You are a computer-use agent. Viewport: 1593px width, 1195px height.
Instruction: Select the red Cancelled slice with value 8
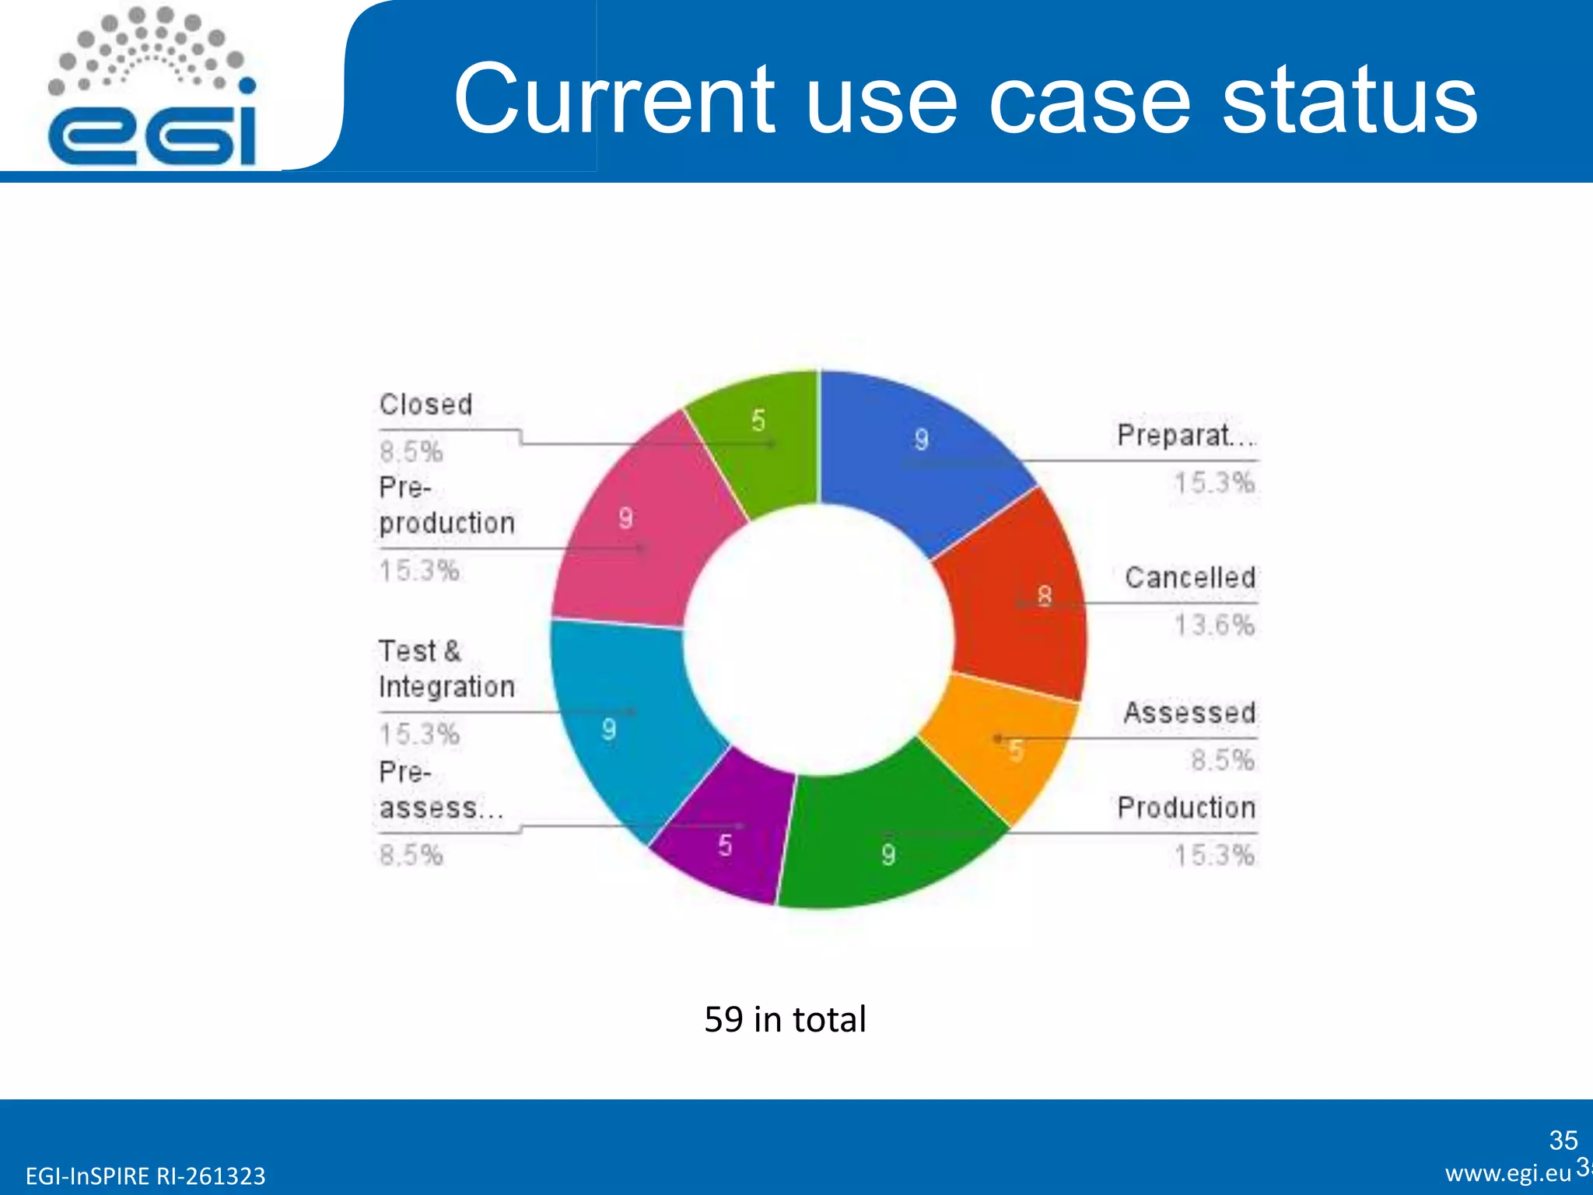click(x=1019, y=599)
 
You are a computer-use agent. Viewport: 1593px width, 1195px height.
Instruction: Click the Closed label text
click(x=425, y=405)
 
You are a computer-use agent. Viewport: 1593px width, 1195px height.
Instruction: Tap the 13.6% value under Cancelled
click(x=1214, y=625)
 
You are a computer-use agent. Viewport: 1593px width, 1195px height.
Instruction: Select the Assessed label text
click(x=1189, y=713)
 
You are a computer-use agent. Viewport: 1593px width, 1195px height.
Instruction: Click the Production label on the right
click(x=1186, y=808)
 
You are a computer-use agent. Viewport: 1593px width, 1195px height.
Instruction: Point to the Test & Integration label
click(x=446, y=669)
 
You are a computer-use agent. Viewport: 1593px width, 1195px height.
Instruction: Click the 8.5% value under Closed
click(x=411, y=452)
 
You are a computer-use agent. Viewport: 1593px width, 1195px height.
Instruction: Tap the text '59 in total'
click(x=784, y=1019)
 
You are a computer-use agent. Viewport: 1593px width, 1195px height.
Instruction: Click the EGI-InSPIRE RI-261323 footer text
click(x=145, y=1176)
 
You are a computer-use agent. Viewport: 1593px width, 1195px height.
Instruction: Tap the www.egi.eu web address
click(x=1507, y=1173)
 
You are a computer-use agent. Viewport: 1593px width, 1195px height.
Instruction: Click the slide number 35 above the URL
click(x=1563, y=1140)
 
